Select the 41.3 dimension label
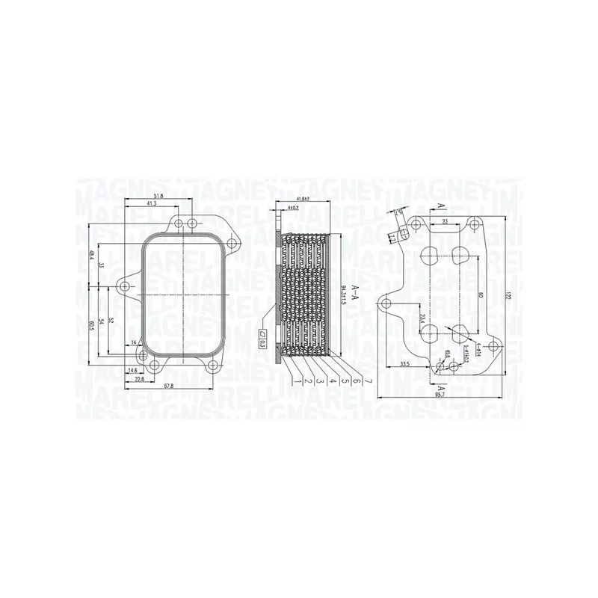[x=151, y=204]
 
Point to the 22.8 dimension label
[x=139, y=378]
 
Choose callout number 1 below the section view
[x=298, y=380]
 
